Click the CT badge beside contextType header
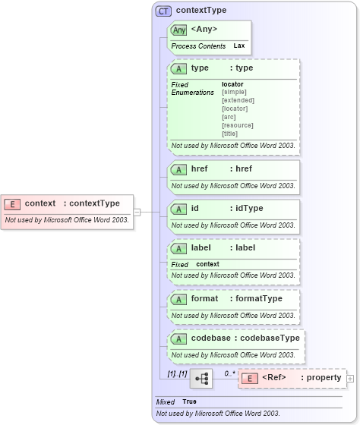point(163,11)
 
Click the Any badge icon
point(179,30)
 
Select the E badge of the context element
point(13,203)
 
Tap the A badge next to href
point(180,169)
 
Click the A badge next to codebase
point(180,338)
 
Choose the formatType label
point(259,298)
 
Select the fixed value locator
point(232,83)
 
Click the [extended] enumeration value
point(238,100)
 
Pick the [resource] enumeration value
point(238,125)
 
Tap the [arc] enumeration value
point(229,117)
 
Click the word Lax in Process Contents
point(238,46)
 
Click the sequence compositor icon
point(201,378)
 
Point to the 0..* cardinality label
point(229,373)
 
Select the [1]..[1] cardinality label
point(178,373)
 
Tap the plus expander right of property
point(350,378)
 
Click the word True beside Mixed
point(189,401)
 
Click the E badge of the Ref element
point(248,378)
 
